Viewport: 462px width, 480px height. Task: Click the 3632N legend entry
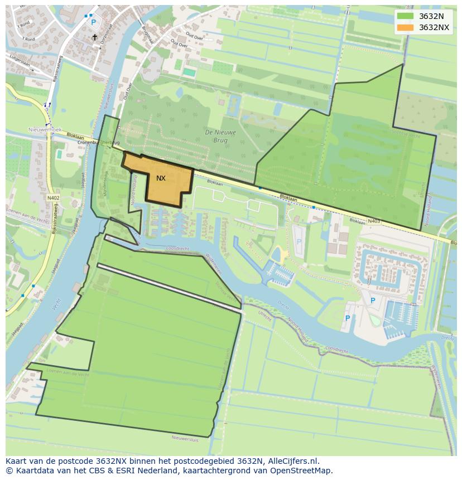coord(430,16)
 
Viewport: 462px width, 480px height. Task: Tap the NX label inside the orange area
coord(161,178)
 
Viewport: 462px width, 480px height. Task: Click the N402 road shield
coord(53,197)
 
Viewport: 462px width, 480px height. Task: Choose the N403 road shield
coord(374,221)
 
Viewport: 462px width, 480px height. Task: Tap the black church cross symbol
coord(94,37)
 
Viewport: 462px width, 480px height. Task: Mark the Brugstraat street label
coord(147,38)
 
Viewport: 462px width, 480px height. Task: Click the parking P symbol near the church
coord(93,22)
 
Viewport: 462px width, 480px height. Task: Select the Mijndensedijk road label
coord(105,183)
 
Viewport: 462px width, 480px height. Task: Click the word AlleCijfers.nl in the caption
coord(292,461)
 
